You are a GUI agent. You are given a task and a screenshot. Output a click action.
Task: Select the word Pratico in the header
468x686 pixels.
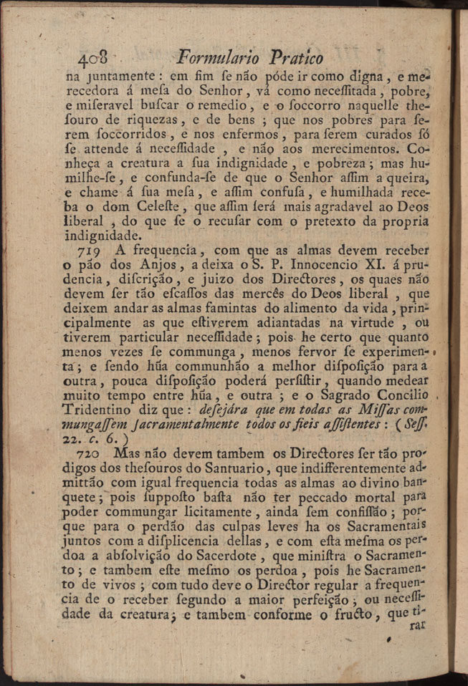pos(296,58)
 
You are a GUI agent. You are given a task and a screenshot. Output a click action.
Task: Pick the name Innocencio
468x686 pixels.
pos(312,265)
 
